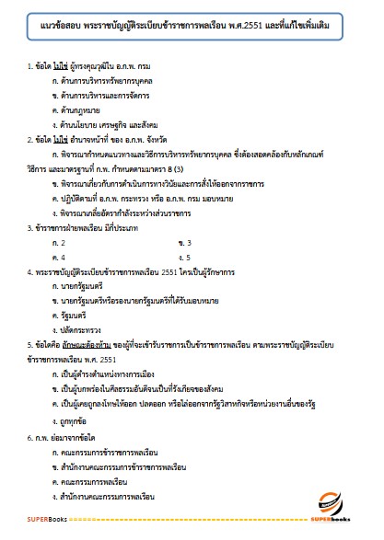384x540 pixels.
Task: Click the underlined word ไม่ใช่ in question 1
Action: [57, 93]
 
